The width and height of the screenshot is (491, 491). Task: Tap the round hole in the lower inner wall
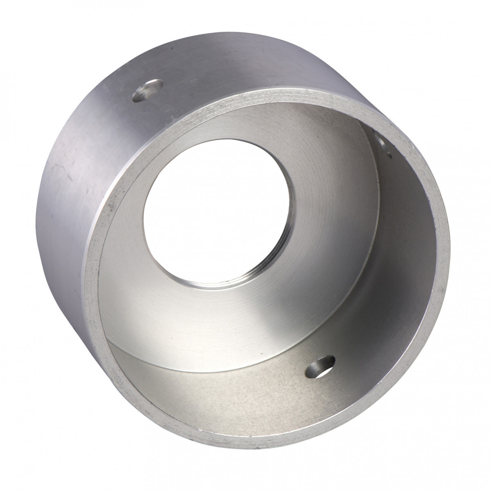(x=320, y=365)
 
